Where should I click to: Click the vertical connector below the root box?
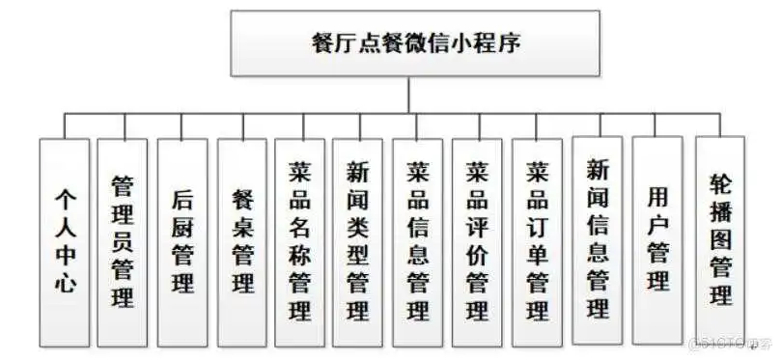pos(409,95)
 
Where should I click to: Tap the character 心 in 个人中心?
pos(65,285)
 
